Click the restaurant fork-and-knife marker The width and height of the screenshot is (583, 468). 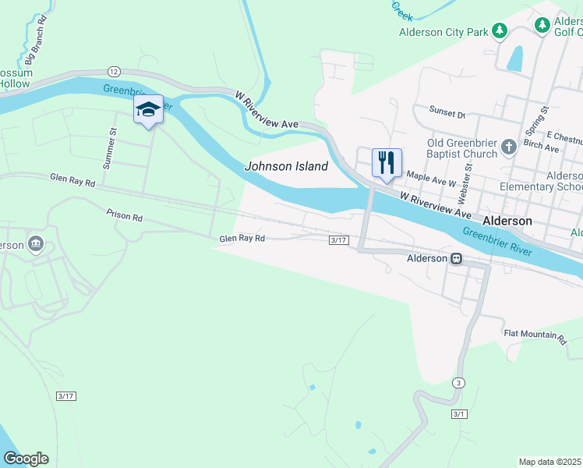(387, 164)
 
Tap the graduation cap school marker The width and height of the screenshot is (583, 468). (148, 110)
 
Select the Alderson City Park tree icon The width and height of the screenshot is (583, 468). (500, 32)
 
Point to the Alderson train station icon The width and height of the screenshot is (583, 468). (458, 259)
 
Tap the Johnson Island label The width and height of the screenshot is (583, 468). (286, 166)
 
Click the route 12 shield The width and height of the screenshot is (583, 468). (114, 71)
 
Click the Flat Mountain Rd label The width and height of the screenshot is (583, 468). (535, 335)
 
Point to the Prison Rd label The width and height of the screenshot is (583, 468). (125, 214)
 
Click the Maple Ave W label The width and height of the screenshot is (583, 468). (431, 181)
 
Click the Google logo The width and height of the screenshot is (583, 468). (26, 459)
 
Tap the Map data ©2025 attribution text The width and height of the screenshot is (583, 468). (550, 462)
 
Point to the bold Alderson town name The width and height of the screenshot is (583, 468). (507, 221)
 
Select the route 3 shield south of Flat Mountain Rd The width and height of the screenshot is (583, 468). (460, 382)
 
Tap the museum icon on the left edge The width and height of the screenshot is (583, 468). (35, 245)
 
